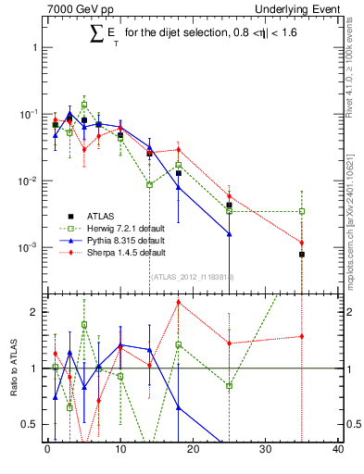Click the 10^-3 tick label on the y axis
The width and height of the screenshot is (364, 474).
(28, 248)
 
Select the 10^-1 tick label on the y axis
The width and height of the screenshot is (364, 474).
(28, 114)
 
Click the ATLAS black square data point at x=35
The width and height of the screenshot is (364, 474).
(302, 254)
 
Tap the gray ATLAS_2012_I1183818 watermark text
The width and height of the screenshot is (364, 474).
(192, 276)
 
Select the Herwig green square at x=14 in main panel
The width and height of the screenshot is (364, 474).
(149, 185)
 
